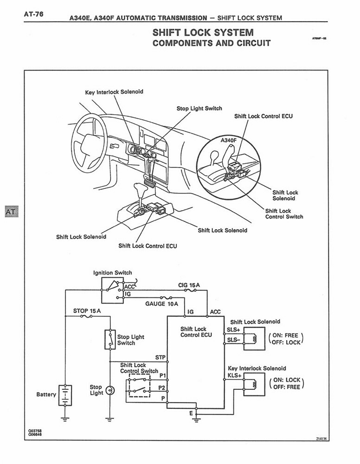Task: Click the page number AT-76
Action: tap(33, 13)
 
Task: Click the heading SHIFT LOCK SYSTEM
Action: tap(203, 32)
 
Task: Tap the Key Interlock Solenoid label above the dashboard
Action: tap(114, 92)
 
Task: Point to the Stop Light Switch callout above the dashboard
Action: tap(199, 109)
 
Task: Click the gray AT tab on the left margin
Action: tap(10, 212)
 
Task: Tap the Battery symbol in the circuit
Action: tap(65, 395)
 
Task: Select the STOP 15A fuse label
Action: tap(87, 310)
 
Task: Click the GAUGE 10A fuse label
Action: tap(161, 304)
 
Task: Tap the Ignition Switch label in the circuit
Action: tap(112, 273)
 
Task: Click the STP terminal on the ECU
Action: tap(160, 357)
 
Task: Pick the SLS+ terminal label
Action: tap(233, 329)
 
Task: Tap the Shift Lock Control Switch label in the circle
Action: tap(284, 214)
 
